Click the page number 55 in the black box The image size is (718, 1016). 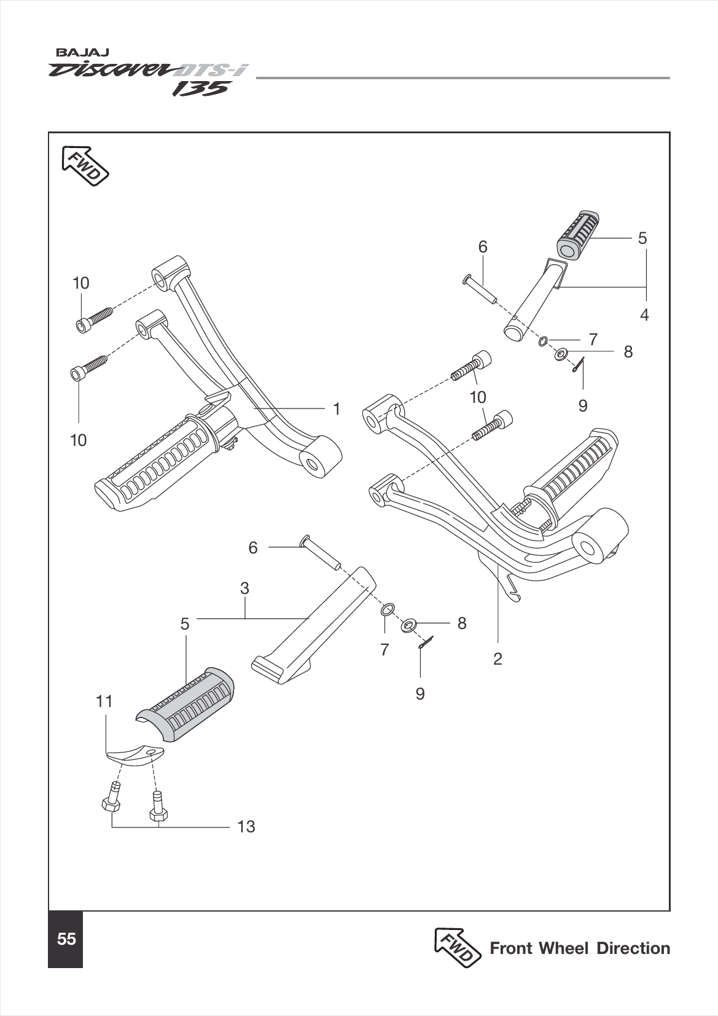tap(66, 939)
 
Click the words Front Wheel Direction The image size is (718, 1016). tap(579, 948)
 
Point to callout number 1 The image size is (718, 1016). tap(336, 408)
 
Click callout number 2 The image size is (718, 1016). tap(498, 659)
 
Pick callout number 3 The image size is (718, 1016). tap(244, 588)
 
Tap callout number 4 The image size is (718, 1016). tap(644, 315)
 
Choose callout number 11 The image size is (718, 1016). tap(104, 701)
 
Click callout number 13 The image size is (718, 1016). tap(246, 827)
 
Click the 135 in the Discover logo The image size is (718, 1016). tap(200, 89)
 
